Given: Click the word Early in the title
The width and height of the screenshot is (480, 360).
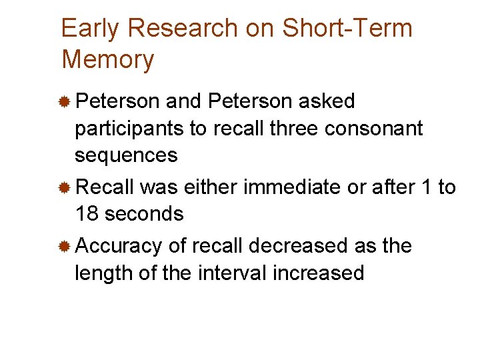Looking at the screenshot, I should pos(90,29).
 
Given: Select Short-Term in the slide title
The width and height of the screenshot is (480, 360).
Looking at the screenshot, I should pos(347,29).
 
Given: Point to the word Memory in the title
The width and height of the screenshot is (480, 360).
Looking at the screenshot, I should pos(107,59).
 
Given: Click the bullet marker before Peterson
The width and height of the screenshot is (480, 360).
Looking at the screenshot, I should pos(65,102).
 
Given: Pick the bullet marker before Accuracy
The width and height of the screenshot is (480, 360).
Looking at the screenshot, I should pos(65,247).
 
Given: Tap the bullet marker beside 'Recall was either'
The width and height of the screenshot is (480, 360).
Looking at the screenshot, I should pos(65,188).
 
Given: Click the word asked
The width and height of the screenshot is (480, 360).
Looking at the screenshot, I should pos(327,101).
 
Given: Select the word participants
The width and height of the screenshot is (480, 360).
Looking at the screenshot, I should pos(130,129).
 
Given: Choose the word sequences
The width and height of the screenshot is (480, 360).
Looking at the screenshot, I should pos(126,155).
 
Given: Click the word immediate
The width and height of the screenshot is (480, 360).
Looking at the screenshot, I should pos(291,187).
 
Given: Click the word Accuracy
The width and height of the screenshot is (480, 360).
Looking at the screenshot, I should pos(119,247).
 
